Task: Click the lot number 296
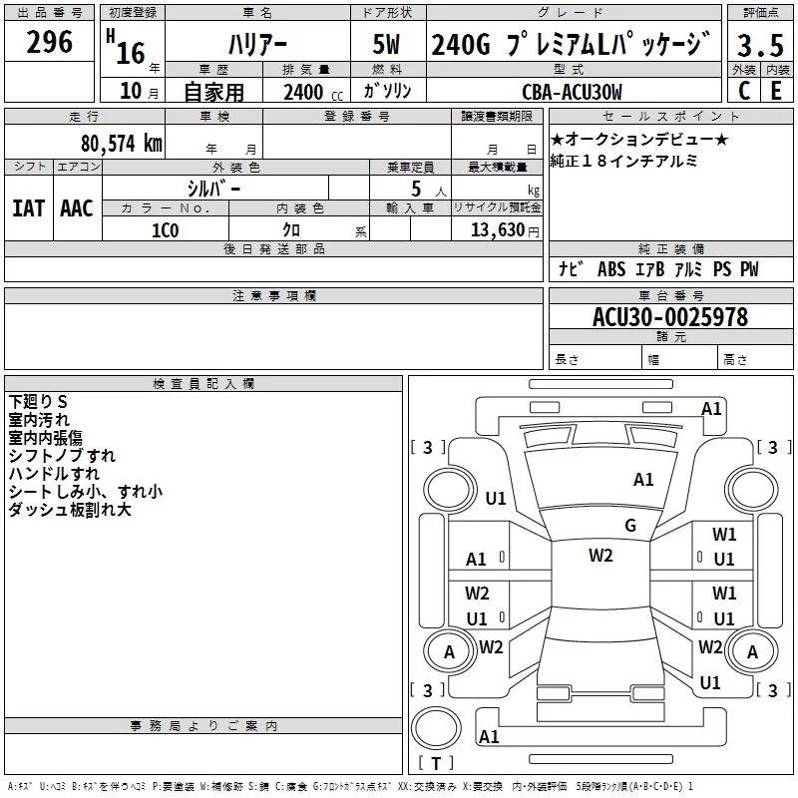tap(50, 42)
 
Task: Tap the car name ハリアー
tap(256, 45)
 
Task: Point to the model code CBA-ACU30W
tap(572, 93)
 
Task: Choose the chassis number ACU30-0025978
tap(670, 317)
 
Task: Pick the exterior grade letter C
tap(744, 92)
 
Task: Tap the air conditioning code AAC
tap(77, 208)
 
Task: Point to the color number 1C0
tap(166, 228)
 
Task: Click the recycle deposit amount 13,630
tap(496, 229)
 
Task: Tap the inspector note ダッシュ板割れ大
tap(69, 510)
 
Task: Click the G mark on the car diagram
tap(630, 526)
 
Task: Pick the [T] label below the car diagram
tap(436, 764)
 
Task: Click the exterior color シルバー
tap(213, 188)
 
